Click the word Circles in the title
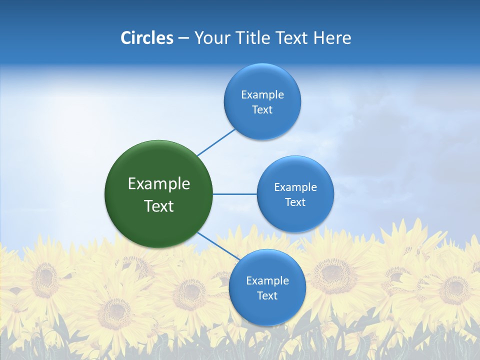click(147, 38)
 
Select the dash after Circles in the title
click(183, 38)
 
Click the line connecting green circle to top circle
click(216, 142)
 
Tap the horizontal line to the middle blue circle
click(234, 194)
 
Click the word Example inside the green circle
click(158, 184)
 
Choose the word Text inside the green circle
click(158, 206)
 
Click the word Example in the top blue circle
click(262, 95)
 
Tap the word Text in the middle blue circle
click(295, 202)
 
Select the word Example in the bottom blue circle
click(267, 281)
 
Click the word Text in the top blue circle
click(262, 110)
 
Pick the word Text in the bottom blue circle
click(267, 296)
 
